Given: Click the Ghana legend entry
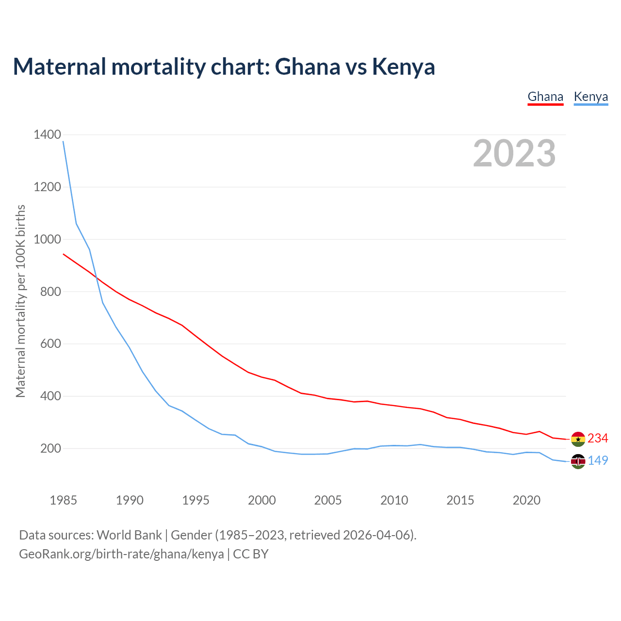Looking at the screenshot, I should tap(545, 97).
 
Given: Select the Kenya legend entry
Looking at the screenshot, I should tap(590, 97).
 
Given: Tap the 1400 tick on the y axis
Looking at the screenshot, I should tap(47, 135).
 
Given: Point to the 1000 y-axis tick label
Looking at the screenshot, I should tap(47, 240).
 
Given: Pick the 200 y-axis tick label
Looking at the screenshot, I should tap(50, 449).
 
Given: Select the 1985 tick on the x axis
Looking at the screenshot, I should tap(63, 500).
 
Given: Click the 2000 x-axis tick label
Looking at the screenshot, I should tap(261, 500).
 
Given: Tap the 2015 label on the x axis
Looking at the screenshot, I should tap(460, 500).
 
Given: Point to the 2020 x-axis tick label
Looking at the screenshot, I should tap(526, 500).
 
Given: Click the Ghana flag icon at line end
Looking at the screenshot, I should tap(578, 439).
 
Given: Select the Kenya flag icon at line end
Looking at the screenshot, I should tap(578, 461).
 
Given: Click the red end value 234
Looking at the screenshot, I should tap(598, 439).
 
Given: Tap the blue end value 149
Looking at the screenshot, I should tap(598, 461).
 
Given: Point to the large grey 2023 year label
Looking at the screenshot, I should tap(514, 153).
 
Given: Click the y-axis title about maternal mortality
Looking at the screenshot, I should tap(20, 301).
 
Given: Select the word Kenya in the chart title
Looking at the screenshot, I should tap(403, 67).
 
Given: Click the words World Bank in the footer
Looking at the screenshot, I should tap(129, 535).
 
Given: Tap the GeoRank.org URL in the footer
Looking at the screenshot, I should tap(121, 554).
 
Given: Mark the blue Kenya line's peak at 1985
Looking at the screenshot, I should tap(64, 142).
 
